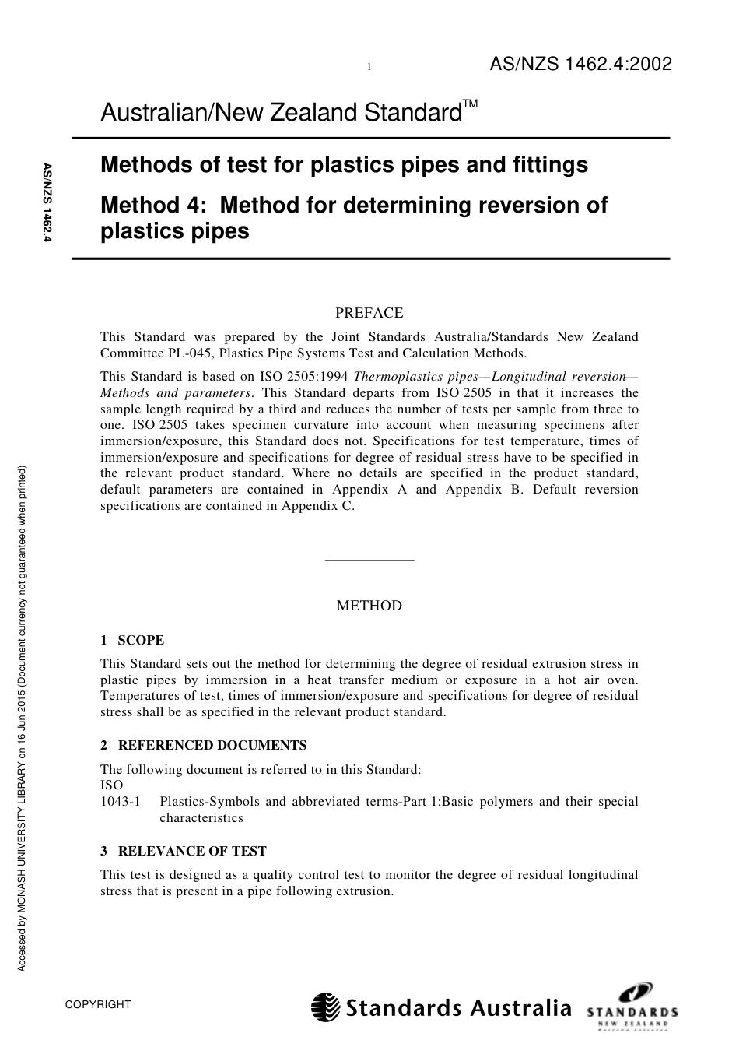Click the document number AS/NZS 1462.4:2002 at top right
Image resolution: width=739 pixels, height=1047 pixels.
[x=580, y=65]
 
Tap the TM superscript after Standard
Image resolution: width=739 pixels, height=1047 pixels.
[x=471, y=104]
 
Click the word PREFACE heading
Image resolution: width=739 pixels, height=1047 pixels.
[x=369, y=313]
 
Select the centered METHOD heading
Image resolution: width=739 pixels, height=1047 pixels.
[x=369, y=606]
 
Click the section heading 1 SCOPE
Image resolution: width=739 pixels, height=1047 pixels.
[x=132, y=640]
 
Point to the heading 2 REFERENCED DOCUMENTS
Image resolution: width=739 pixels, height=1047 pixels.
[x=204, y=745]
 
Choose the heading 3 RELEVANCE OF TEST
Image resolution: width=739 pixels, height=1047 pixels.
[x=184, y=851]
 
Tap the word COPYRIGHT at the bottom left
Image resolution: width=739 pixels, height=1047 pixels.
[x=99, y=1004]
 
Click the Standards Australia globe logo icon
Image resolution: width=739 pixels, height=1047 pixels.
[x=326, y=1007]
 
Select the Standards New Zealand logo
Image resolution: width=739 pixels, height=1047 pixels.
[x=632, y=1007]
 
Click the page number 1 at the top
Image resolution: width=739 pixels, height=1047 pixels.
[x=369, y=68]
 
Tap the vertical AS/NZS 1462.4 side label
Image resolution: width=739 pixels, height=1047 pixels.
[x=47, y=205]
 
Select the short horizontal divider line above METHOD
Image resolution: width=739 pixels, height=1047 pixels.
[x=369, y=560]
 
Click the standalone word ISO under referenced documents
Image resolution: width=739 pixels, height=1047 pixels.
[x=111, y=785]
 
